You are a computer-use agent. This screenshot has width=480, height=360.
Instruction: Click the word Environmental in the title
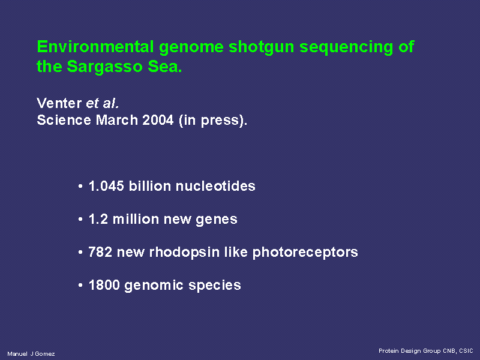pos(95,47)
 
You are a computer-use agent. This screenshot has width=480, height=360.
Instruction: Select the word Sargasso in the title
pos(104,67)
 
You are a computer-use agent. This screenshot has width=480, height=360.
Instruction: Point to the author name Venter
pos(59,103)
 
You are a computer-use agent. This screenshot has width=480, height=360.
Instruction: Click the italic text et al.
pos(102,103)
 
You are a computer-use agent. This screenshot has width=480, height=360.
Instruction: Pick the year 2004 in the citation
pos(158,120)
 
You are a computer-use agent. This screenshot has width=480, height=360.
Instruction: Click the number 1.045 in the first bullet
pos(106,186)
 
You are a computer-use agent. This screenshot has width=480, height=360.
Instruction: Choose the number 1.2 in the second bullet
pos(98,219)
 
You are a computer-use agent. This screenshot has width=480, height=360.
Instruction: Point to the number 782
pos(100,252)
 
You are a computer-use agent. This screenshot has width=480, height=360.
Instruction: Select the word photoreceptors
pos(305,253)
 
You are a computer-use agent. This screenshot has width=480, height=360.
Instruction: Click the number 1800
pos(104,286)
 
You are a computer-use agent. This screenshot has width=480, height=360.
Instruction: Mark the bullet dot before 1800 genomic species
pos(80,286)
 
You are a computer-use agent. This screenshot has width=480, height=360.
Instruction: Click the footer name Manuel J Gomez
pos(31,354)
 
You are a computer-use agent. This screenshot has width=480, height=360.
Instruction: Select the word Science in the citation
pos(64,120)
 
